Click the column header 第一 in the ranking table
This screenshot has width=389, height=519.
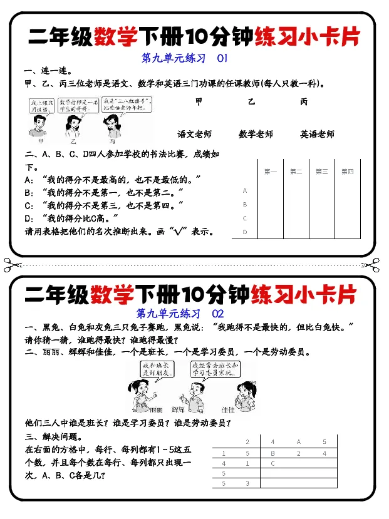click(270, 172)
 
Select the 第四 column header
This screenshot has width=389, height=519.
click(347, 172)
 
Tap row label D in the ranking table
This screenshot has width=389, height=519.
click(244, 232)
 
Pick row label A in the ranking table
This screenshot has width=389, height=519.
click(244, 190)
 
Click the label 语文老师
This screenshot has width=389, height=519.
click(194, 134)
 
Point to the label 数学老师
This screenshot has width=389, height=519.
click(256, 134)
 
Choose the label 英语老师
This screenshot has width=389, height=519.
click(317, 134)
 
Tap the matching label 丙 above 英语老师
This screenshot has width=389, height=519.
click(304, 102)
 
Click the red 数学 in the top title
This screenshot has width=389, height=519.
click(116, 37)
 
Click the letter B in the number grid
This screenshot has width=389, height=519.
click(272, 453)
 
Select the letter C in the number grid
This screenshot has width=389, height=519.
click(272, 464)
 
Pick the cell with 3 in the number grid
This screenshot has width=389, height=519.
click(247, 483)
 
